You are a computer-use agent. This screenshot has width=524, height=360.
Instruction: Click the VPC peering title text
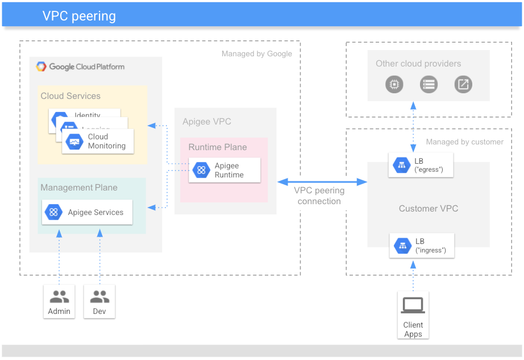pyautogui.click(x=79, y=16)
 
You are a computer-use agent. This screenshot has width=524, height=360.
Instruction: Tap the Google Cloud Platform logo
pyautogui.click(x=80, y=67)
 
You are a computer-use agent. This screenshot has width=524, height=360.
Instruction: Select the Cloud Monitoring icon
pyautogui.click(x=74, y=142)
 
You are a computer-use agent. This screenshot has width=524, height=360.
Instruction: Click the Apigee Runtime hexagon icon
pyautogui.click(x=201, y=170)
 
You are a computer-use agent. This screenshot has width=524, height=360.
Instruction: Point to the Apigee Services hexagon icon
pyautogui.click(x=54, y=212)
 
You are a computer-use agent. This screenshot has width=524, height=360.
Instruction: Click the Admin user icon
pyautogui.click(x=59, y=296)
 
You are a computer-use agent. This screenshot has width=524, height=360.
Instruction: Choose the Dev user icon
pyautogui.click(x=99, y=296)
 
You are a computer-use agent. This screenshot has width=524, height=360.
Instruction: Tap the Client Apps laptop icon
pyautogui.click(x=413, y=306)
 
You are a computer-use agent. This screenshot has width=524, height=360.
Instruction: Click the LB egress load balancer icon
pyautogui.click(x=402, y=165)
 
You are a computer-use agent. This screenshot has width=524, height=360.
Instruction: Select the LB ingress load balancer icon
pyautogui.click(x=402, y=246)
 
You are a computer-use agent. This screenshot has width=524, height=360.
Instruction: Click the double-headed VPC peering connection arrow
pyautogui.click(x=322, y=181)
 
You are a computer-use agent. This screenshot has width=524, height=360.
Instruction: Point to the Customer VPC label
pyautogui.click(x=428, y=209)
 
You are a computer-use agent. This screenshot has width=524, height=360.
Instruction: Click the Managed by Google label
pyautogui.click(x=256, y=54)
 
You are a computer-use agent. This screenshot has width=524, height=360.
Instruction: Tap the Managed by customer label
pyautogui.click(x=464, y=142)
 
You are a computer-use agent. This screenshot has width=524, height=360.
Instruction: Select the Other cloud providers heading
pyautogui.click(x=418, y=64)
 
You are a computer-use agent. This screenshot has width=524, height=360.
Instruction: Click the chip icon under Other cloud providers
pyautogui.click(x=393, y=85)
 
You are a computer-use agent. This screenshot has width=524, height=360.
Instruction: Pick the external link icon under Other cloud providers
pyautogui.click(x=463, y=85)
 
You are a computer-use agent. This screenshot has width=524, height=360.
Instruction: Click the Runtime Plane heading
pyautogui.click(x=218, y=147)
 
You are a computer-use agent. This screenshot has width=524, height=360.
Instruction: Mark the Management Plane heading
pyautogui.click(x=79, y=188)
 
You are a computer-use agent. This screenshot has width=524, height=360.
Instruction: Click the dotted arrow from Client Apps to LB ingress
pyautogui.click(x=413, y=276)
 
